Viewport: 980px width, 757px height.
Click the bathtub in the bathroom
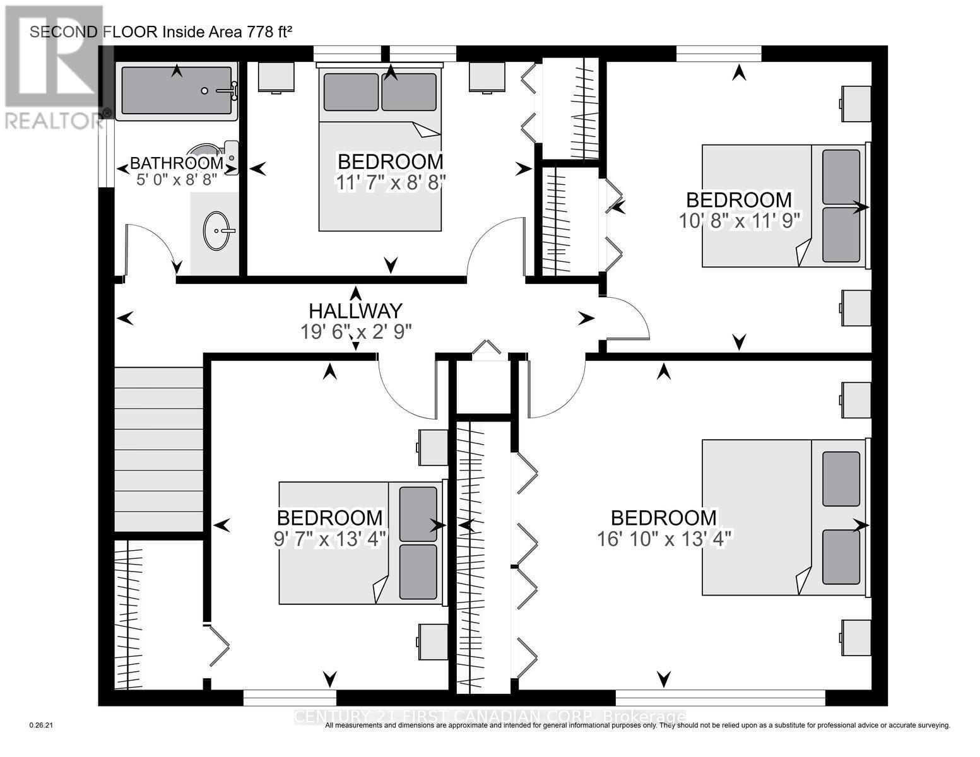177,91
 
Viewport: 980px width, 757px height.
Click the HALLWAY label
355,311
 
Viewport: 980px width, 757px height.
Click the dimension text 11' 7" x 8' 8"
391,182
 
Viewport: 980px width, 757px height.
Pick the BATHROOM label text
177,163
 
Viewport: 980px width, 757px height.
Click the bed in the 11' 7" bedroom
379,151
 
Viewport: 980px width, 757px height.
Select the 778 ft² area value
265,32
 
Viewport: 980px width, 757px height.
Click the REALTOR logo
54,66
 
